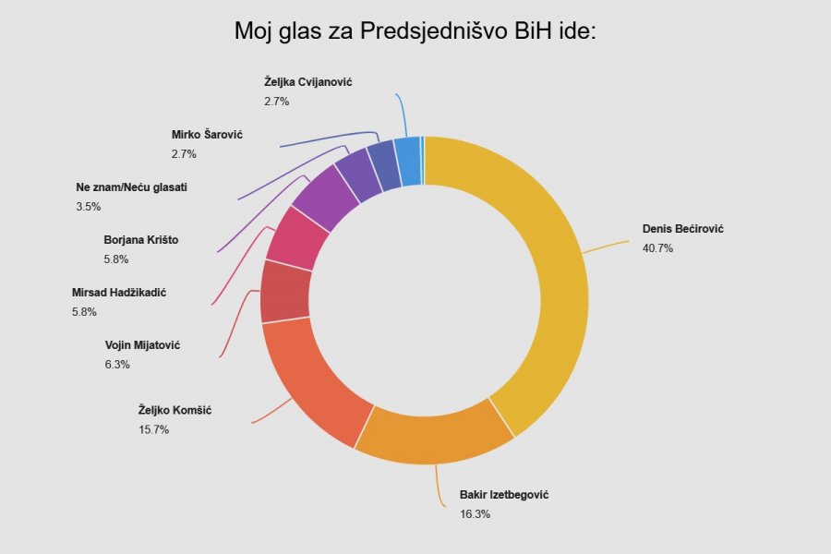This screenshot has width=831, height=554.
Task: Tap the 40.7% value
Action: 657,247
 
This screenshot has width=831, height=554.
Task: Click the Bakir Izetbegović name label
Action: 504,495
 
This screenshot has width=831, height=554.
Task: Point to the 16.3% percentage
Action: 475,513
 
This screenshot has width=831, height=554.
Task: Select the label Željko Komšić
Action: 175,410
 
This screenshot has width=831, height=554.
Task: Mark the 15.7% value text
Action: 153,430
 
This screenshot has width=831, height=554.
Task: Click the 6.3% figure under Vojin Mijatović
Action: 117,365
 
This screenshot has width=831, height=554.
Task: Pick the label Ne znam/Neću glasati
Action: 132,187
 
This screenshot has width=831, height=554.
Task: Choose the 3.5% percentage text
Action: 88,207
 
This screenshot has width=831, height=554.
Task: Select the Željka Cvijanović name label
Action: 307,82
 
